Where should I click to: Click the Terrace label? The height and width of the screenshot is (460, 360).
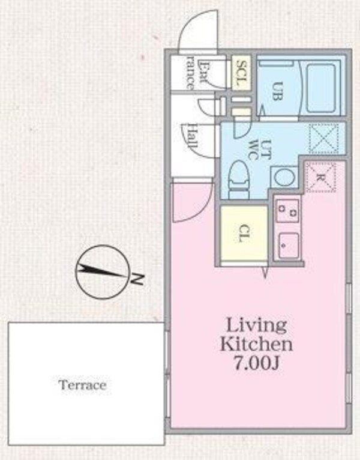point(82,385)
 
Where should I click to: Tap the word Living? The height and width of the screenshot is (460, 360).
point(256,326)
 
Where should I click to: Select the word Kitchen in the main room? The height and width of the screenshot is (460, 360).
point(256,345)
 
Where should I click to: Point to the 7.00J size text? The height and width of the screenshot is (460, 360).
point(256,365)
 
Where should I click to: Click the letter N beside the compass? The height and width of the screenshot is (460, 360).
point(137,279)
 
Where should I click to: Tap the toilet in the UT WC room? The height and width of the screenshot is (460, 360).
point(239,178)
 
